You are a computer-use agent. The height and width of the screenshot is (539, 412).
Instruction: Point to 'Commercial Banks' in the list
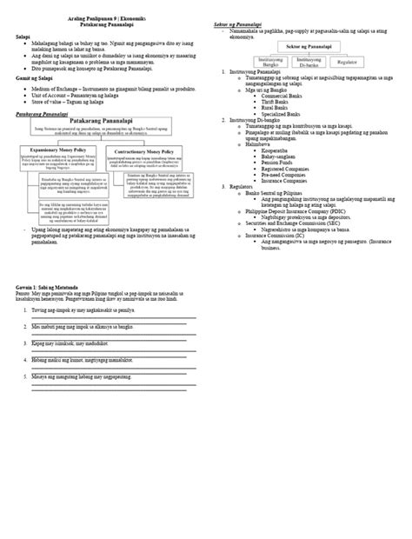point(280,95)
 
